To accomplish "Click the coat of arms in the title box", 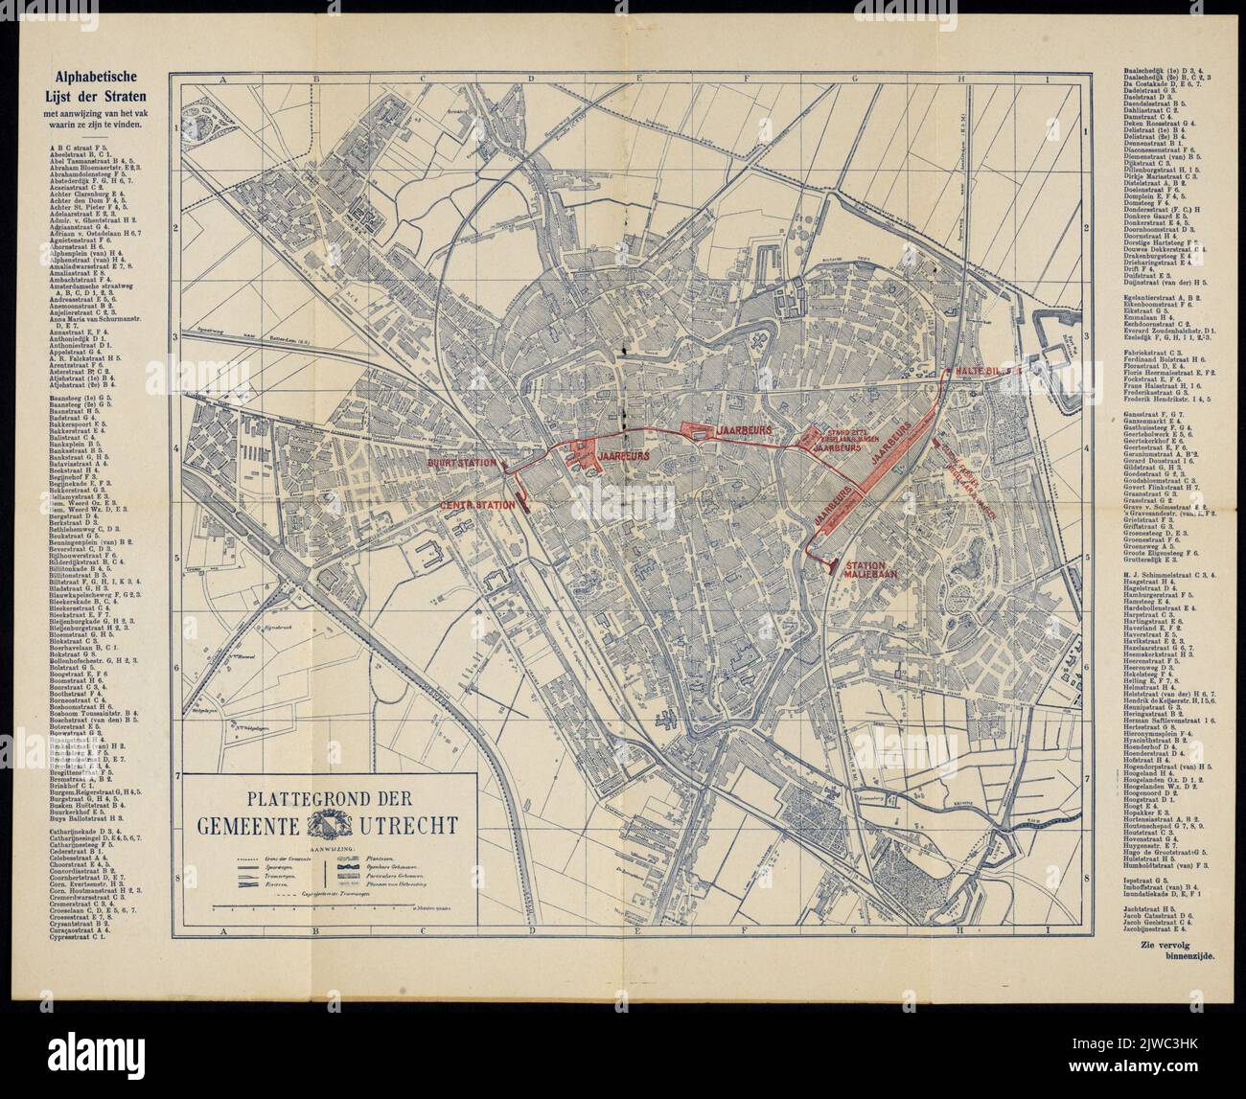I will tap(318, 825).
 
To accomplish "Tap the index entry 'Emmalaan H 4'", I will tap(1145, 315).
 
